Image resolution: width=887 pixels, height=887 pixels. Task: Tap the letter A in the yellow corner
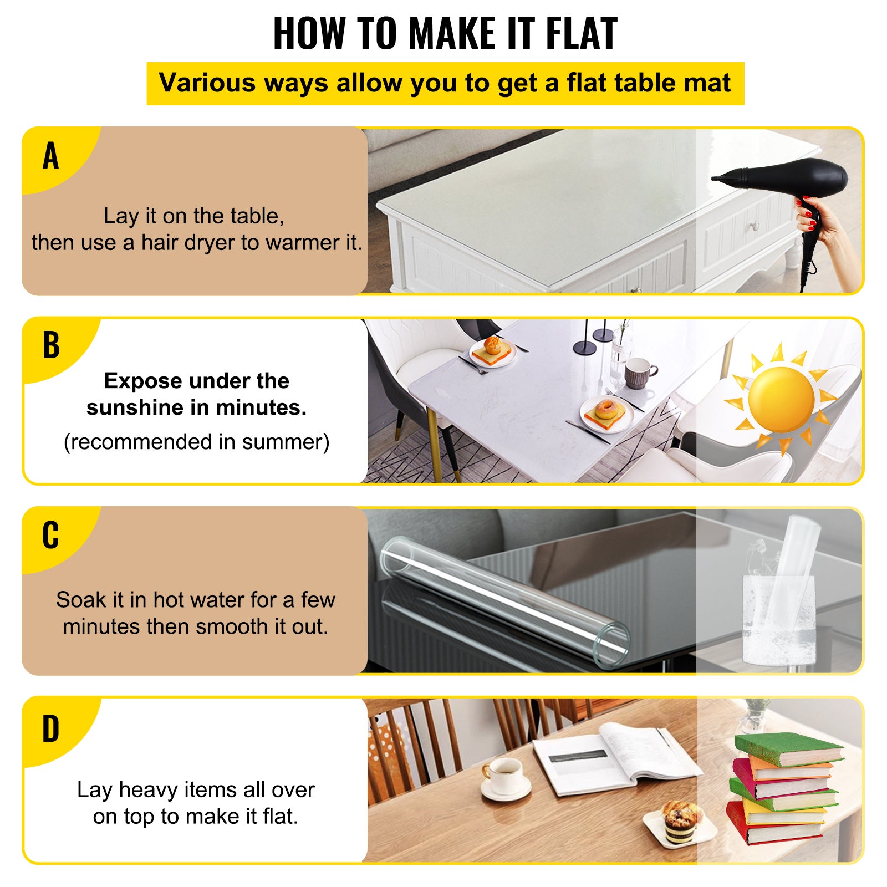[x=50, y=156]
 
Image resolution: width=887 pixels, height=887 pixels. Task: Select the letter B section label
[x=50, y=345]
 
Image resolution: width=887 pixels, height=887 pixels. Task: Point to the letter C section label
[x=50, y=536]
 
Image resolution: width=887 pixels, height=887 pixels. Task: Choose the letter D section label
[x=50, y=729]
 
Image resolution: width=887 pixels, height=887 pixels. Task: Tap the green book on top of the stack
[x=787, y=748]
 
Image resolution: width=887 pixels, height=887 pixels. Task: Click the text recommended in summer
[x=196, y=442]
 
